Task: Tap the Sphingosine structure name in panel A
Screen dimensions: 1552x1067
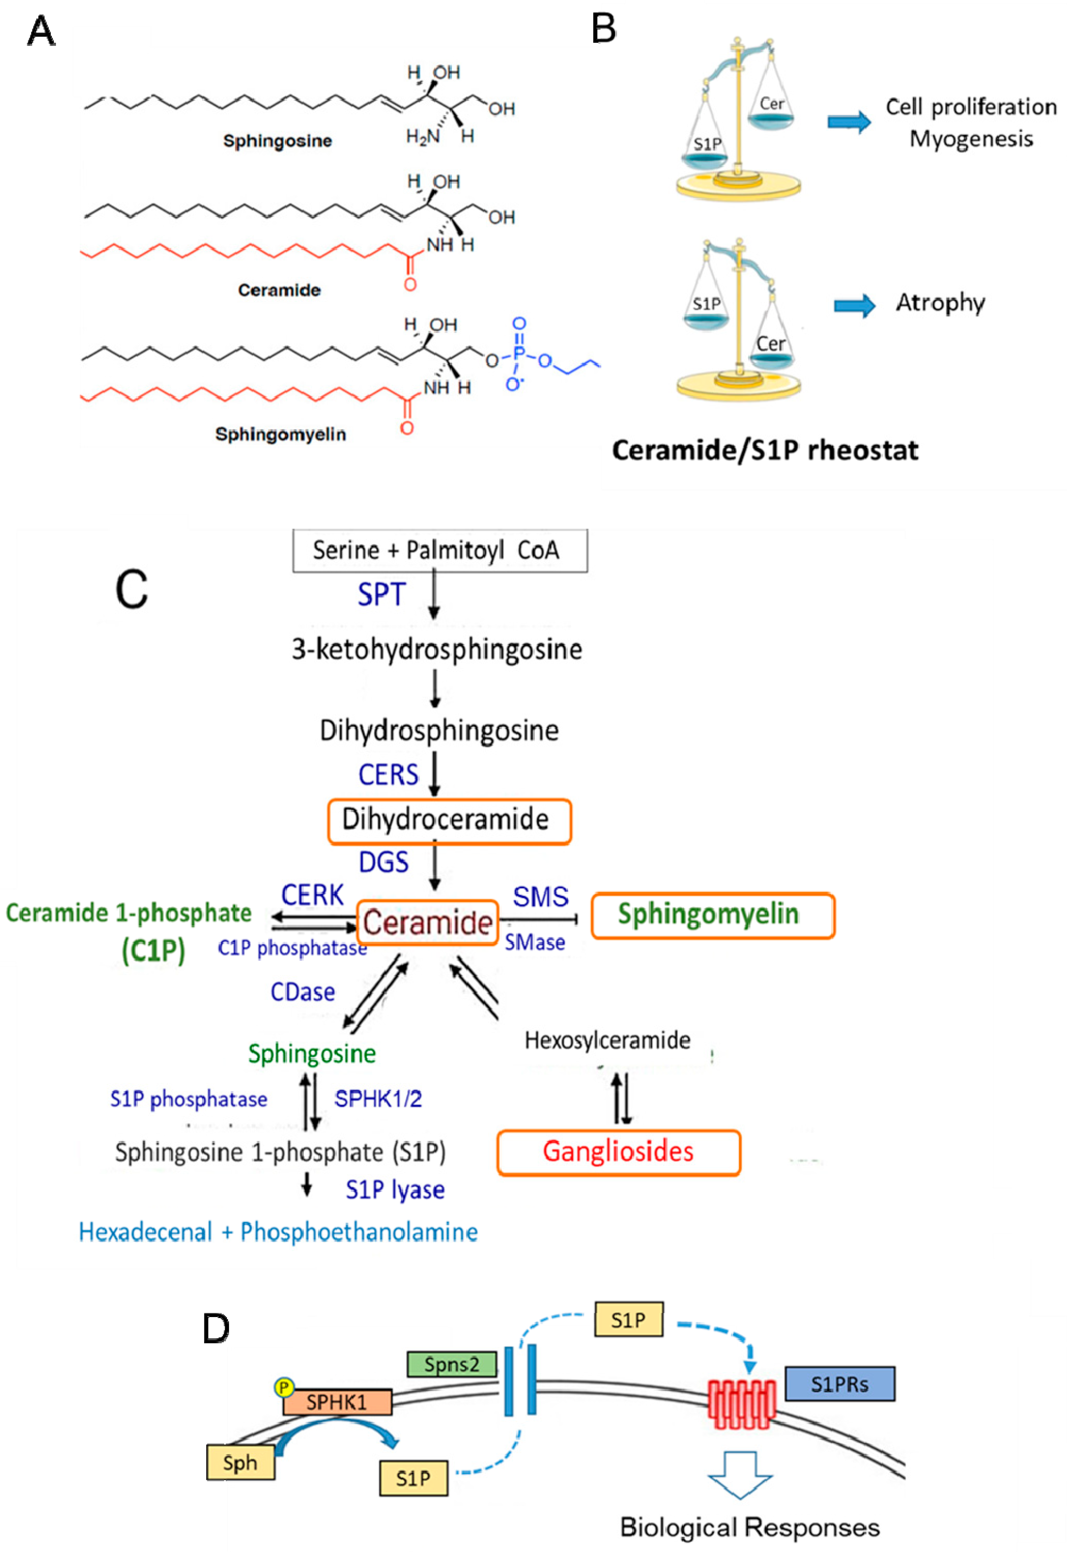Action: tap(277, 141)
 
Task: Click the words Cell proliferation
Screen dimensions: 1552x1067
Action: tap(971, 107)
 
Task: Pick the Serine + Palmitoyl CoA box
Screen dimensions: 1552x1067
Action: tap(440, 551)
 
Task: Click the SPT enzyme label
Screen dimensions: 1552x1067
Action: tap(381, 594)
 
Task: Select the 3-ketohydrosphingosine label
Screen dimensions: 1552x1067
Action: tap(436, 650)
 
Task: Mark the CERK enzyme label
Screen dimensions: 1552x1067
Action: tap(312, 895)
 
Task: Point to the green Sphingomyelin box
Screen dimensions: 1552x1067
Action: tap(713, 915)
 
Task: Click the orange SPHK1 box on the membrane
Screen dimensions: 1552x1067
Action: tap(337, 1402)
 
